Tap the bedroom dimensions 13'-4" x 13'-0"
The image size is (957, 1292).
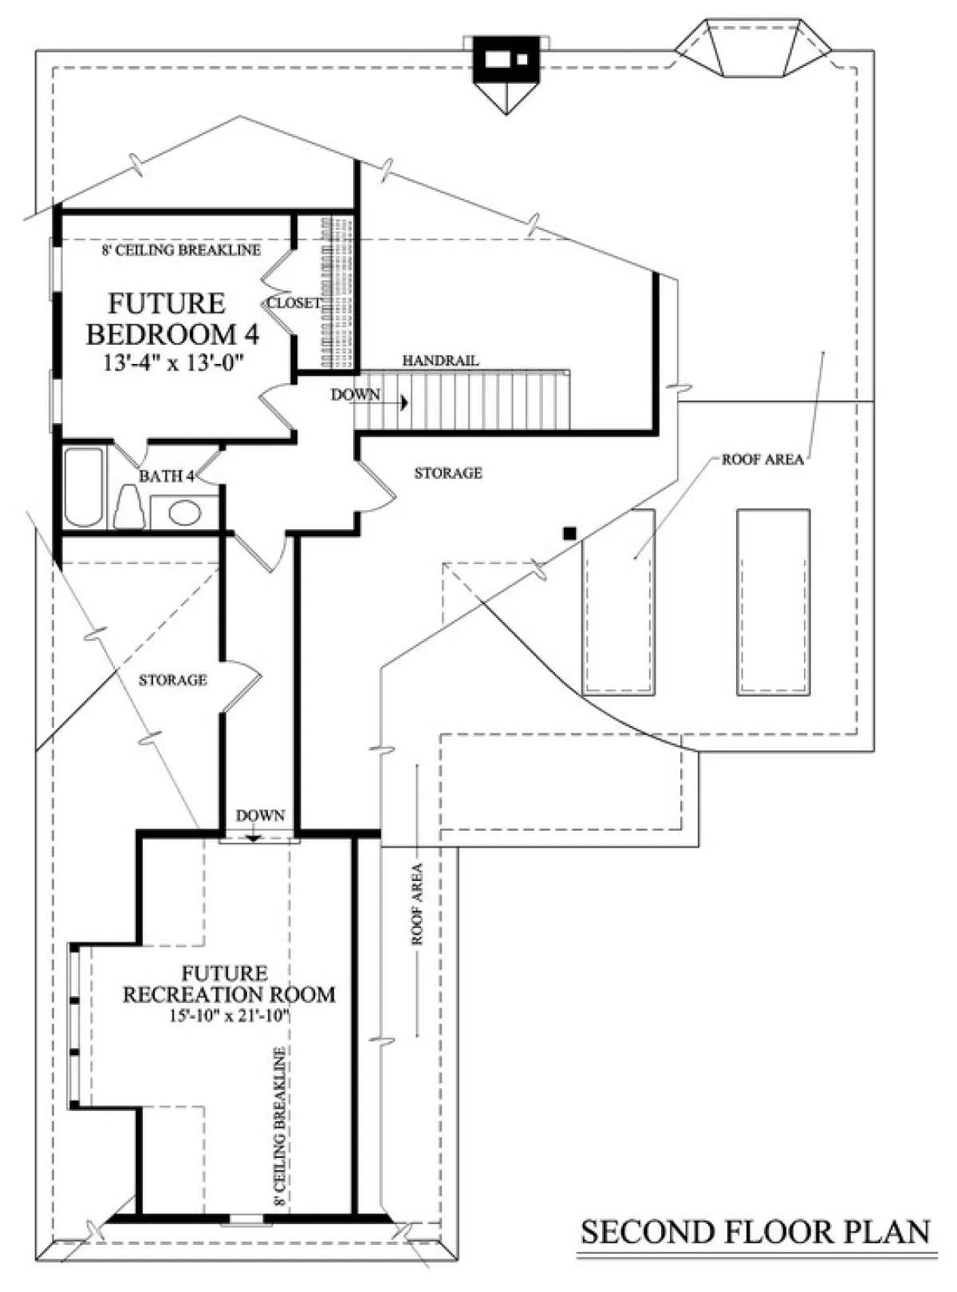point(173,363)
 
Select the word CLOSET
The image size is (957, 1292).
point(294,303)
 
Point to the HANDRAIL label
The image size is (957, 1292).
point(441,361)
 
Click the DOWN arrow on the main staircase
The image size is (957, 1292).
point(404,402)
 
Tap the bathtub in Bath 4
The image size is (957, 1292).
point(83,487)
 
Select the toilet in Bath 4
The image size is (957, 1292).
point(129,508)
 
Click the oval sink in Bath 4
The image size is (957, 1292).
point(185,512)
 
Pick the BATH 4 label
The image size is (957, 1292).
point(167,476)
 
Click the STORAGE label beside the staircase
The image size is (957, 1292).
point(448,473)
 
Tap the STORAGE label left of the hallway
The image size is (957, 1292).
point(173,680)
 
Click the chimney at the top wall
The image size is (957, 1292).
point(506,61)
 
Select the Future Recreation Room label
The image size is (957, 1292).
point(230,984)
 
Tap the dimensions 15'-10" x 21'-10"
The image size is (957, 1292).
point(230,1016)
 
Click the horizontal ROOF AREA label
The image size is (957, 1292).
point(762,460)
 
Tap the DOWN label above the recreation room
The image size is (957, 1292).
point(261,815)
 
